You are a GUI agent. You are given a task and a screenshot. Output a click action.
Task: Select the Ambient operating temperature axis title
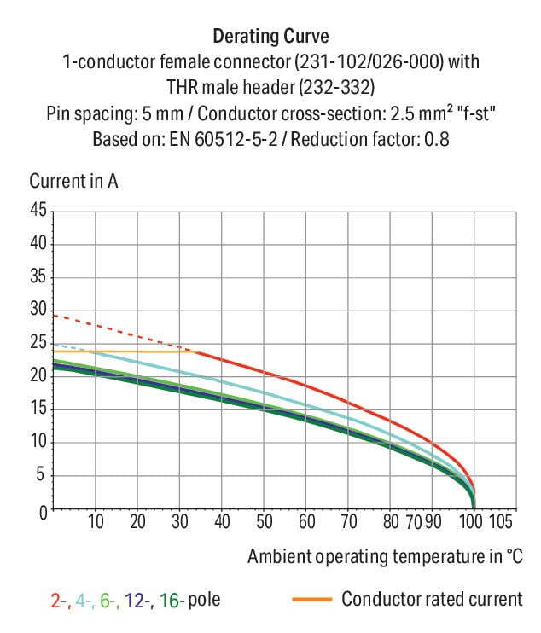tap(385, 556)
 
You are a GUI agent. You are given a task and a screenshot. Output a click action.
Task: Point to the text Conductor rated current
tap(432, 599)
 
